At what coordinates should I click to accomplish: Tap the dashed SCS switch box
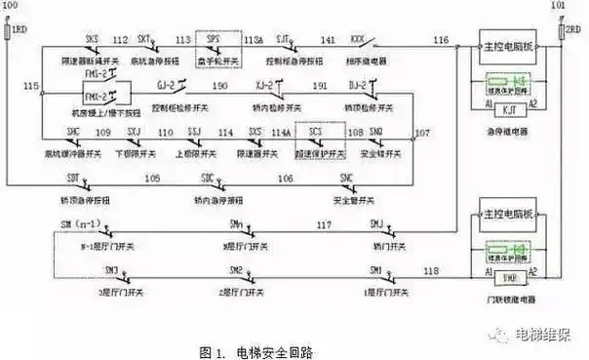(316, 134)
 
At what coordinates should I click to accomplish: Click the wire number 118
(431, 268)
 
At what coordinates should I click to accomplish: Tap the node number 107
(421, 131)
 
